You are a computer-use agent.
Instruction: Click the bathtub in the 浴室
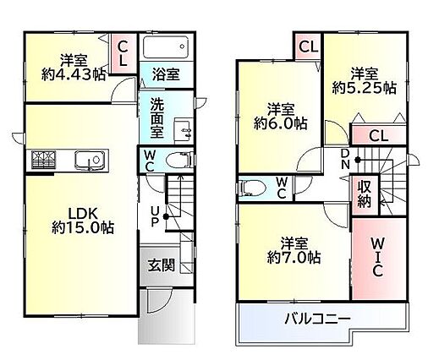[166, 47]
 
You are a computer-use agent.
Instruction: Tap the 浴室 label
[166, 74]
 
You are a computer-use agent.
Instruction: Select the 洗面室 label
[156, 118]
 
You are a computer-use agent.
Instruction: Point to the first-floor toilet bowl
[179, 161]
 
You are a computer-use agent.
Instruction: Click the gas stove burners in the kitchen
[43, 161]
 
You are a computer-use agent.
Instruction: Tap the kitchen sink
[90, 161]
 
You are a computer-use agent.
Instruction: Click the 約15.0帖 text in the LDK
[83, 227]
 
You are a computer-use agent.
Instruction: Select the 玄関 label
[162, 265]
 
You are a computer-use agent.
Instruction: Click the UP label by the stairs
[154, 216]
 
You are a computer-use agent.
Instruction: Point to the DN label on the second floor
[345, 159]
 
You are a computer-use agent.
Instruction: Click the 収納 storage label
[365, 194]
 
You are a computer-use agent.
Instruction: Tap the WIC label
[377, 257]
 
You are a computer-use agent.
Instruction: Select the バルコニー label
[317, 319]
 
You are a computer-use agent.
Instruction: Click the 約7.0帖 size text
[294, 257]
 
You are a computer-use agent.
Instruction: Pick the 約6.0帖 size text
[280, 123]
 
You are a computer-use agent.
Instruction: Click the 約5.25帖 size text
[365, 88]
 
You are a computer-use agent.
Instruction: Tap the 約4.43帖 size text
[74, 74]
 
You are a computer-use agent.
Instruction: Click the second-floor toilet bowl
[252, 188]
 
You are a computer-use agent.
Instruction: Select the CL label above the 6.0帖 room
[308, 46]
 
